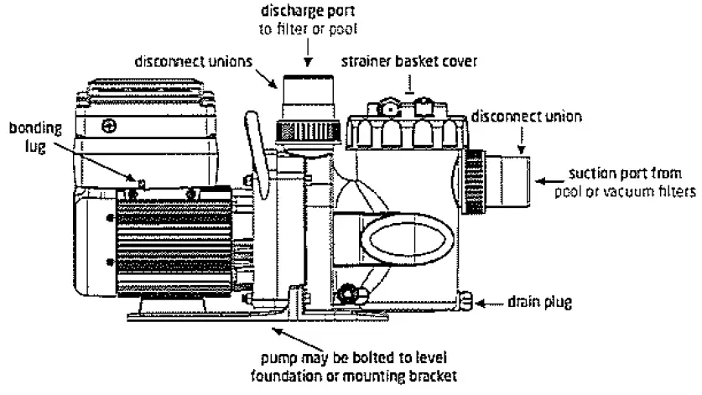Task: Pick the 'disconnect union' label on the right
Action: (x=527, y=117)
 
